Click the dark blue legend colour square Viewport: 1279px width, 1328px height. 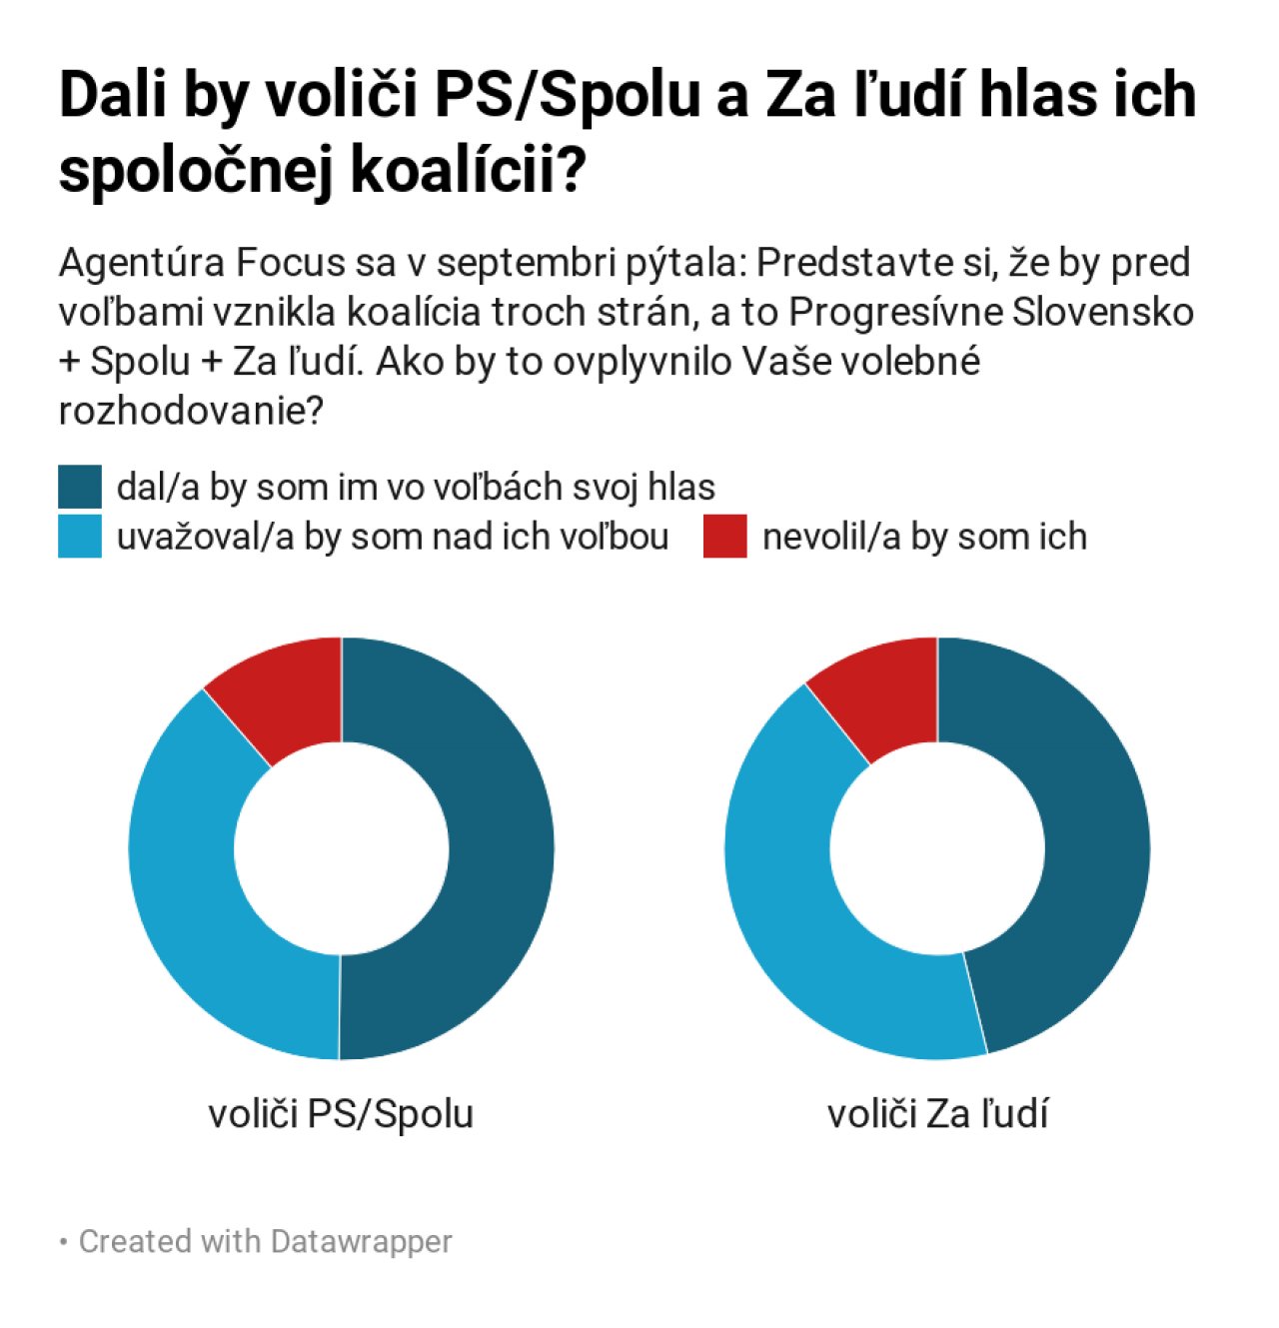coord(80,487)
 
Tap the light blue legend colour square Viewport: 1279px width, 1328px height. coord(80,537)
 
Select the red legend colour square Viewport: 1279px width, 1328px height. coord(724,537)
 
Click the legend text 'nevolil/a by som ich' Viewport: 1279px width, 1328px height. coord(924,537)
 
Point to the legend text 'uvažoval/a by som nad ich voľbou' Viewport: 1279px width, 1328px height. coord(393,537)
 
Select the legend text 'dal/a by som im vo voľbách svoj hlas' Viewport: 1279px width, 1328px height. coord(416,487)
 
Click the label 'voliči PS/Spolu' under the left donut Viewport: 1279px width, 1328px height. coord(341,1113)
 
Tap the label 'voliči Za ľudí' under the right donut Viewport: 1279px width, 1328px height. coord(937,1113)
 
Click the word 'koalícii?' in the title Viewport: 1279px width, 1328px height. coord(467,172)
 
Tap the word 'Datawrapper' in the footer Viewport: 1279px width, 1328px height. coord(361,1241)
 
